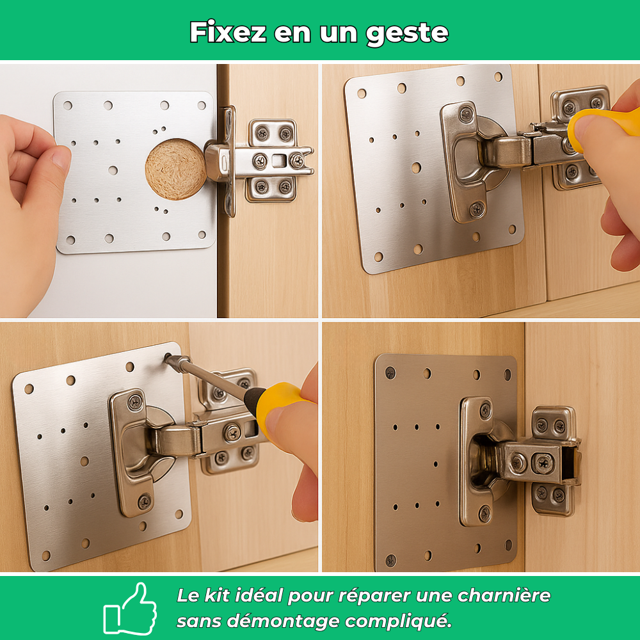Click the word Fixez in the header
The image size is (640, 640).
pyautogui.click(x=227, y=32)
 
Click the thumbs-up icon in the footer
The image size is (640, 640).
pyautogui.click(x=130, y=608)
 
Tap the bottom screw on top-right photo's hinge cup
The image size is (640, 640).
pyautogui.click(x=477, y=209)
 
